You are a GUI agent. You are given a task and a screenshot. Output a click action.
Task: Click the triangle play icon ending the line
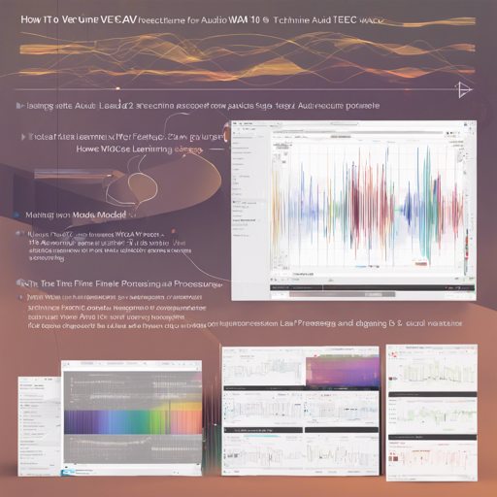tap(463, 89)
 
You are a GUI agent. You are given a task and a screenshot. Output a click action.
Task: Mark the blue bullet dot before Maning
tap(16, 212)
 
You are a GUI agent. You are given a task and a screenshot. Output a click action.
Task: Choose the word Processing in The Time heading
tap(196, 282)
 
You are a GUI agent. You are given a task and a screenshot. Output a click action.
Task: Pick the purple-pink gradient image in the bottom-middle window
tap(340, 372)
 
